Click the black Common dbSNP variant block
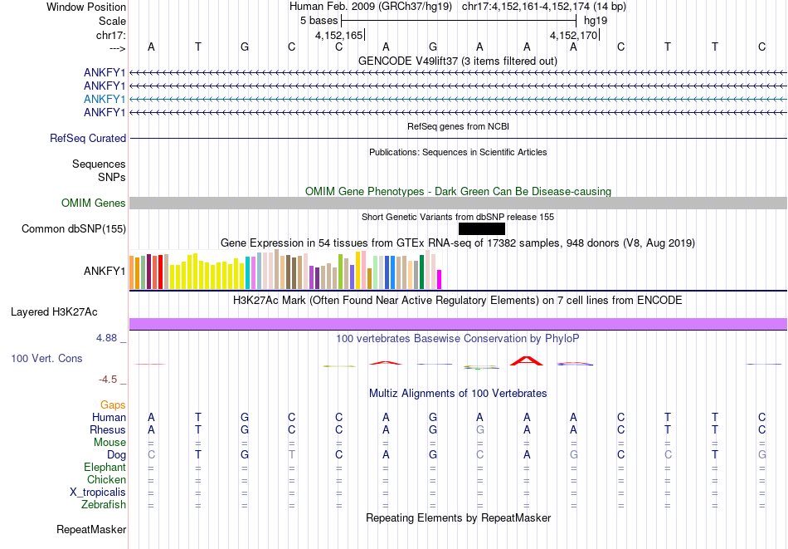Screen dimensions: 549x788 click(481, 228)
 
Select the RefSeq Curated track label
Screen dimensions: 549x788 click(88, 139)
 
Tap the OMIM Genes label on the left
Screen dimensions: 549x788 click(94, 203)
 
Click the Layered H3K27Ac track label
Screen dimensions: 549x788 click(54, 312)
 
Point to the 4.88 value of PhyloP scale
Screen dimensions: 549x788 click(110, 338)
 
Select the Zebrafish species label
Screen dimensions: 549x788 click(104, 505)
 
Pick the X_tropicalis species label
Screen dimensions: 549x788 click(98, 493)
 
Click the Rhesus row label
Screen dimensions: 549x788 click(108, 430)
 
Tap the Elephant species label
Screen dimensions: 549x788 click(105, 468)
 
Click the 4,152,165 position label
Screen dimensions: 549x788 click(338, 36)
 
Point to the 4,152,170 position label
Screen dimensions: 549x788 click(573, 36)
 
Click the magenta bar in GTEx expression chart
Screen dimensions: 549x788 click(440, 279)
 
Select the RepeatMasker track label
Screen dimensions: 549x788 click(91, 529)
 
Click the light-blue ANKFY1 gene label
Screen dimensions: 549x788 click(105, 99)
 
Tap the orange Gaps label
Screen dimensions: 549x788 click(113, 404)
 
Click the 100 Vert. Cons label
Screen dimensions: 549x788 click(46, 359)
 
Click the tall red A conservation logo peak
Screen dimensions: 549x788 click(526, 360)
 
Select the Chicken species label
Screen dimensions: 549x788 click(107, 480)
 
